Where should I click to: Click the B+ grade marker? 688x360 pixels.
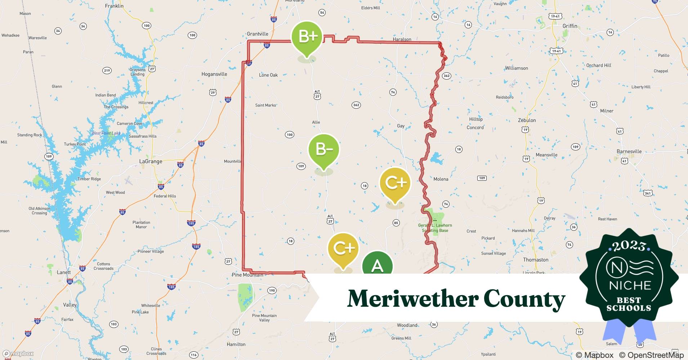(307, 37)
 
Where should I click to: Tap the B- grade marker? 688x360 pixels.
(323, 149)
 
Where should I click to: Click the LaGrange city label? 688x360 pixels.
(151, 161)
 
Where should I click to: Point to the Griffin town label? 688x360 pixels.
(569, 26)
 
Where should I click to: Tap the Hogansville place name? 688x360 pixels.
(214, 74)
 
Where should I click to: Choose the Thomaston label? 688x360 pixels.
(536, 260)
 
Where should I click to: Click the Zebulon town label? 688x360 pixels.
(527, 120)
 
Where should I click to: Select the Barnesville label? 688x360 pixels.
(629, 151)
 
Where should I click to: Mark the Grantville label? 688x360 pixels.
(257, 34)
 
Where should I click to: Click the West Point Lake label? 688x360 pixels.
(106, 133)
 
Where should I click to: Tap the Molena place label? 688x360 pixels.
(441, 179)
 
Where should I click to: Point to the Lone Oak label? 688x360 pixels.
(268, 75)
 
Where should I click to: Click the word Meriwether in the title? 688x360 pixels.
(412, 299)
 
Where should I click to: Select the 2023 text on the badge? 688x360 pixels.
(629, 246)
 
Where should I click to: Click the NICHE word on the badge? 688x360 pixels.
(630, 285)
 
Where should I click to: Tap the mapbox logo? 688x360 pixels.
(18, 354)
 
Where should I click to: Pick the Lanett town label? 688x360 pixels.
(64, 272)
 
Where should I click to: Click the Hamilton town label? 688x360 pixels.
(236, 344)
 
